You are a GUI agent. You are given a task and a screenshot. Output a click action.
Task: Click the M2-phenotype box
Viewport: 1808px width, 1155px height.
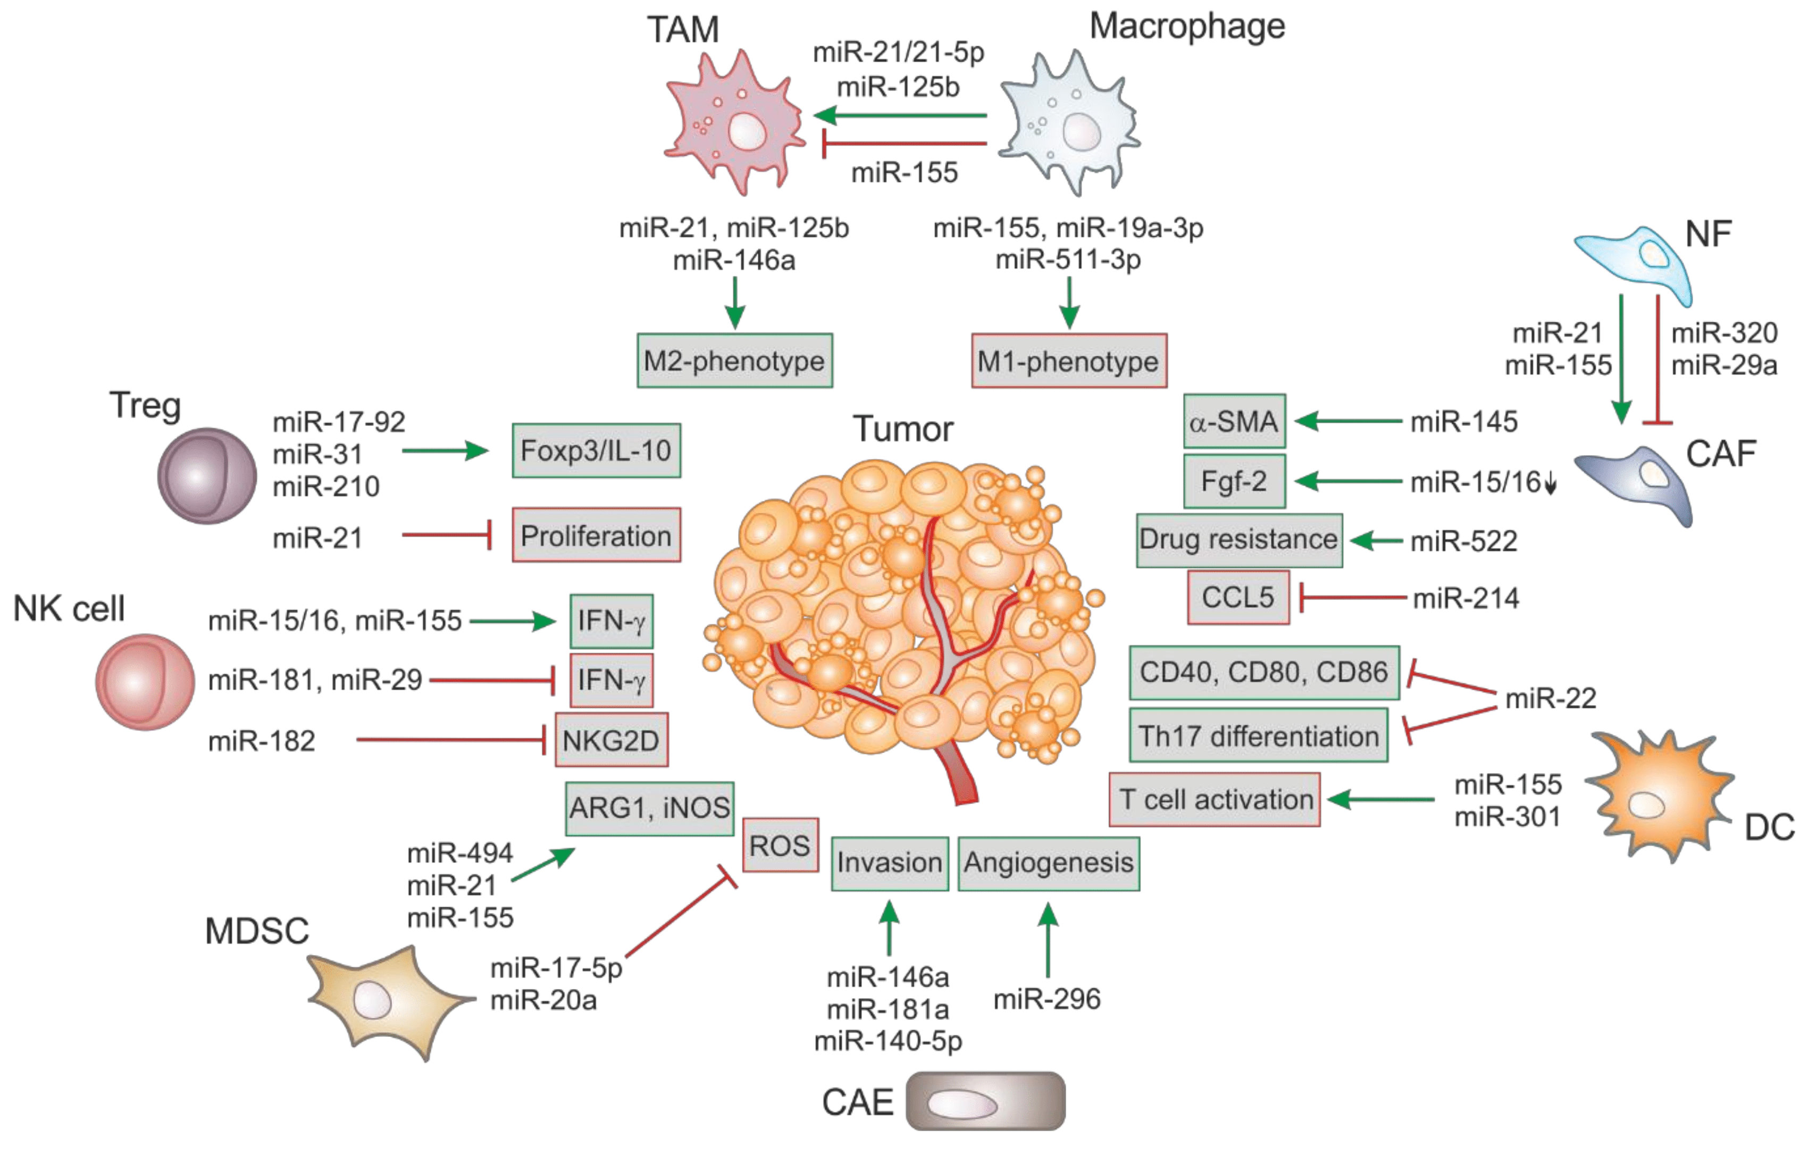tap(734, 361)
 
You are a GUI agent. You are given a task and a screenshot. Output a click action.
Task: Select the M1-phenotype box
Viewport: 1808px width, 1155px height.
tap(1068, 361)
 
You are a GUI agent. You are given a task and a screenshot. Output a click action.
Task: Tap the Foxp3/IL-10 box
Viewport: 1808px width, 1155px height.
tap(596, 450)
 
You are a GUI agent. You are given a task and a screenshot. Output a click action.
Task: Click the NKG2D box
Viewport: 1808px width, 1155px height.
tap(610, 740)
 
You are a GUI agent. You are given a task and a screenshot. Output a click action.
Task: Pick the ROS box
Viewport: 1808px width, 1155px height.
tap(780, 845)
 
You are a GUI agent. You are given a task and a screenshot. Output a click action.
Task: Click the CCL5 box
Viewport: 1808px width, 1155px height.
tap(1238, 598)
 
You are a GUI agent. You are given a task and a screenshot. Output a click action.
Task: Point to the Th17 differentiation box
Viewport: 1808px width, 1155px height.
tap(1258, 735)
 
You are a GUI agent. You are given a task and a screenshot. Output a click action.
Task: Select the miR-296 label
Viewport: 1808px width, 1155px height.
tap(1047, 999)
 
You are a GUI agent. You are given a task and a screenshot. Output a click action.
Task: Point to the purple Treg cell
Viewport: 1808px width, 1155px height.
tap(206, 475)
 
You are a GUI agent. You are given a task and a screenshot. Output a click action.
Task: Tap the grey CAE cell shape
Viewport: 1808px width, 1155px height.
tap(984, 1101)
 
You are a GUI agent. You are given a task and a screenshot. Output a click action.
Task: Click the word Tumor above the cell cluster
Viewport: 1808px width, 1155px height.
tap(903, 430)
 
